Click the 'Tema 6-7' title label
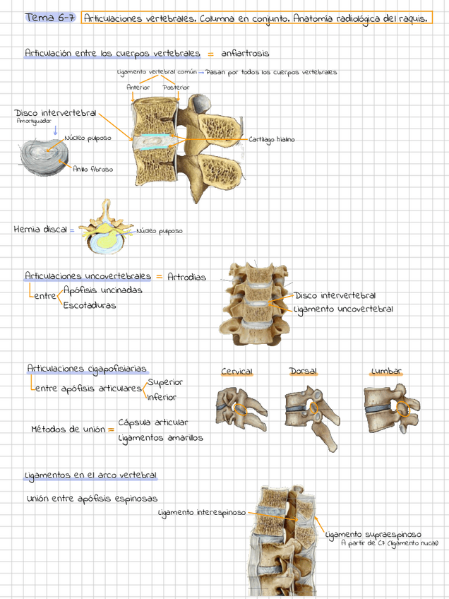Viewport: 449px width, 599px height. click(49, 18)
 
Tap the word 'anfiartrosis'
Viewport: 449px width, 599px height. click(244, 53)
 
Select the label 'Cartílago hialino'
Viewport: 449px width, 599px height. click(271, 140)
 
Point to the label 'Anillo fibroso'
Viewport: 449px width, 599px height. click(92, 170)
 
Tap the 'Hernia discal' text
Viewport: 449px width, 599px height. click(40, 230)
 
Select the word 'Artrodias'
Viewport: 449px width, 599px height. click(187, 277)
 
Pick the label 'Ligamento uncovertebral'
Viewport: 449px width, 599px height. click(344, 309)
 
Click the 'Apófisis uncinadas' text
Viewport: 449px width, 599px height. click(102, 290)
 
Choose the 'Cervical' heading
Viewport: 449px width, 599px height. click(237, 372)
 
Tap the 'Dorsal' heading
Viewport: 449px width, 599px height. click(304, 372)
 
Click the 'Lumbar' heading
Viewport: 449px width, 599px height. click(386, 372)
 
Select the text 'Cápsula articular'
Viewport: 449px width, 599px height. click(153, 422)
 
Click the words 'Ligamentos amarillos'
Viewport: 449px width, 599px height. click(160, 438)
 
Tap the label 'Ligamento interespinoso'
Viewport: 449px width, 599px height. click(202, 512)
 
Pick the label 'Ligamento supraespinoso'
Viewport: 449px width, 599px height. click(373, 535)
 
